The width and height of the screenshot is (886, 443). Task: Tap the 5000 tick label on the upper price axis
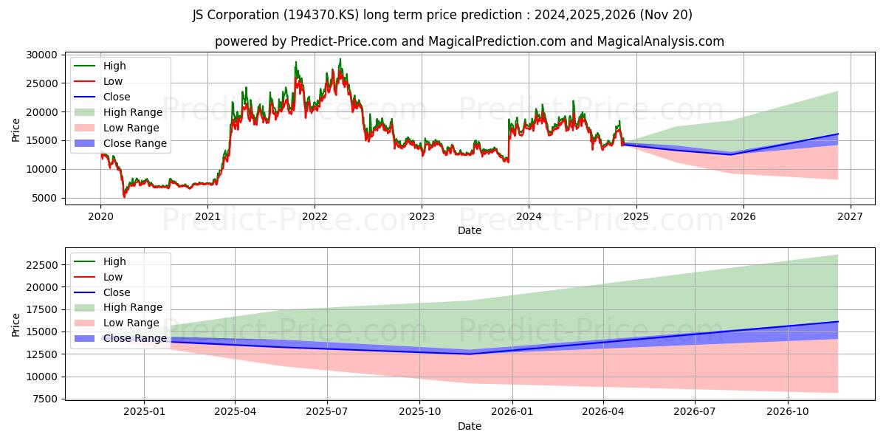click(x=45, y=198)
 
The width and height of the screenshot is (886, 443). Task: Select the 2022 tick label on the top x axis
click(x=315, y=216)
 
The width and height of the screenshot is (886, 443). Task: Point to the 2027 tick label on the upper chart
click(x=850, y=216)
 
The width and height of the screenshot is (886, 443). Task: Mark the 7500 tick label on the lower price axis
click(x=45, y=399)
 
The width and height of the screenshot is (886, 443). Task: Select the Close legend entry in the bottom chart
click(x=117, y=292)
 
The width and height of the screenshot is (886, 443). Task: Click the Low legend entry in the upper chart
click(x=113, y=81)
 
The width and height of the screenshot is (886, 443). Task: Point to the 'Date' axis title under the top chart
click(x=470, y=230)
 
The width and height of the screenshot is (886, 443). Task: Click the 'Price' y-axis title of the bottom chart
click(x=16, y=324)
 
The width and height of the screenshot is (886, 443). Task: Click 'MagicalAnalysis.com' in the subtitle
click(x=663, y=41)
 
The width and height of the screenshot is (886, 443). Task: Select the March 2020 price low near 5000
click(x=124, y=196)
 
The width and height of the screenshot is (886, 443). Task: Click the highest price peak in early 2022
click(x=340, y=59)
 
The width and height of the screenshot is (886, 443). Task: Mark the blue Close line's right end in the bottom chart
click(x=838, y=321)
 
